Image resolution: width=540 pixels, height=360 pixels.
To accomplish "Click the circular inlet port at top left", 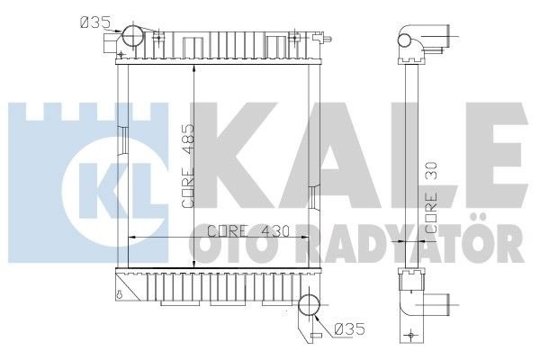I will (x=133, y=37).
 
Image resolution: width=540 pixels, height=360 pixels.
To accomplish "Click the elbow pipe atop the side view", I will (x=423, y=40).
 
